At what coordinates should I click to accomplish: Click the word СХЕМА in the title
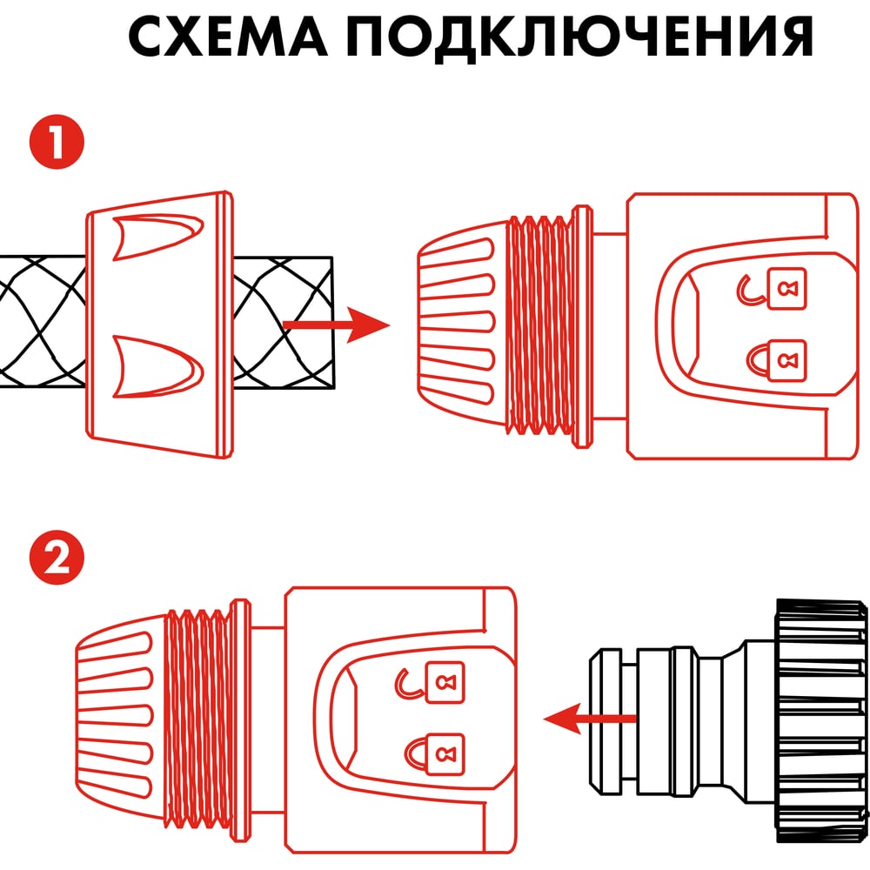pos(227,36)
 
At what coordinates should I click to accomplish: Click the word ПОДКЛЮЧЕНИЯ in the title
pos(580,37)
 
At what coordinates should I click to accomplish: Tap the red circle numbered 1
pos(57,142)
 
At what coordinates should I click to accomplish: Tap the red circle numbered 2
pos(57,557)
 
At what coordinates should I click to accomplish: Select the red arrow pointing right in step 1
pos(336,325)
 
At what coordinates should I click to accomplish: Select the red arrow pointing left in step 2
pos(589,719)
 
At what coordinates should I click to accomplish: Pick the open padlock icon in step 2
pos(430,682)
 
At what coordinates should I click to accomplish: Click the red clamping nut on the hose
pos(160,325)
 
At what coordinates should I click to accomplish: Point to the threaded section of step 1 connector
pos(540,325)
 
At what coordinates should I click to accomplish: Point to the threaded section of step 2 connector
pos(199,719)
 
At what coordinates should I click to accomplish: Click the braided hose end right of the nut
pos(283,323)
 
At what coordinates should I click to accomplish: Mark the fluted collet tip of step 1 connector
pos(463,325)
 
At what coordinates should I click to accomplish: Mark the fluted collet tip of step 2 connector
pos(121,719)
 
